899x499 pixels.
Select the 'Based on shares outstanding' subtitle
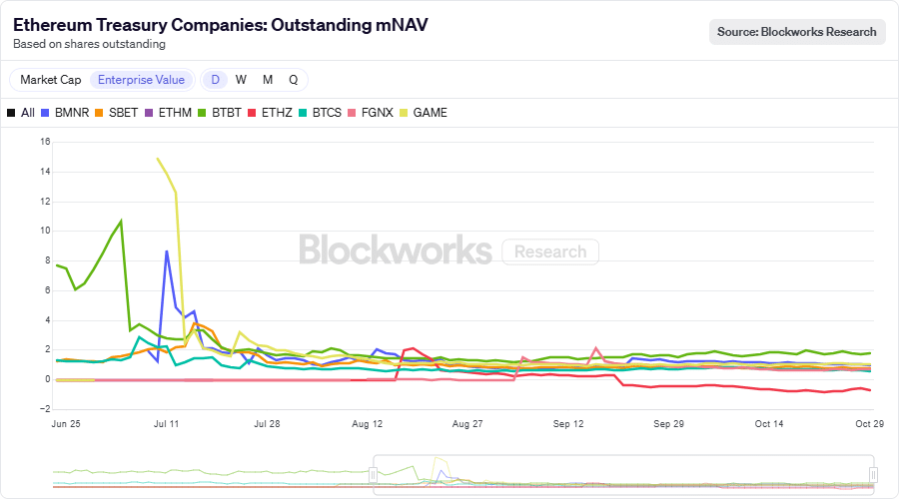pos(89,44)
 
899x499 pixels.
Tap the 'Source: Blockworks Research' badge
pos(796,32)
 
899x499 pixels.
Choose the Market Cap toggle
pos(51,80)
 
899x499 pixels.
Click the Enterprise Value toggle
pos(141,80)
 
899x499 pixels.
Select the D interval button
pos(215,80)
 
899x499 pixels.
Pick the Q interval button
pos(293,80)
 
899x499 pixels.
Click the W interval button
pos(241,80)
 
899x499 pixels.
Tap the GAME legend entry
pos(423,113)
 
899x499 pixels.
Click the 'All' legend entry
pos(21,113)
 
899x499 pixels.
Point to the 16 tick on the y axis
pos(44,142)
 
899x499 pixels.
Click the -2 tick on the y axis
pos(44,409)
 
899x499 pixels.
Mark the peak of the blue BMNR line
pos(167,251)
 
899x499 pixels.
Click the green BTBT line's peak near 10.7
pos(121,221)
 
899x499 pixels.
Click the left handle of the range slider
pos(374,474)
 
